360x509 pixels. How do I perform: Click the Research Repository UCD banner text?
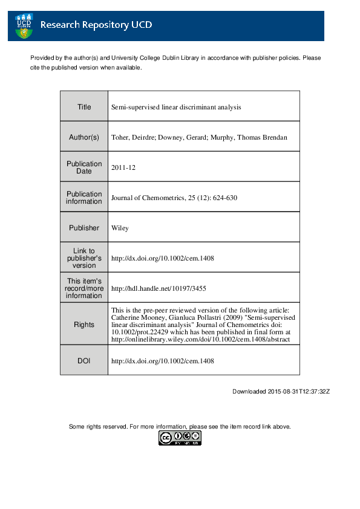[96, 25]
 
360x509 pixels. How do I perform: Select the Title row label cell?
[84, 107]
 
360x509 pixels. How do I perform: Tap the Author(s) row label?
[84, 137]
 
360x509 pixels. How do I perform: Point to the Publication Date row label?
[84, 167]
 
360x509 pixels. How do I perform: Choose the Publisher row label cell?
[84, 228]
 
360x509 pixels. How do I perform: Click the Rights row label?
[84, 325]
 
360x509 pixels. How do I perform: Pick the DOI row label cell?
[84, 361]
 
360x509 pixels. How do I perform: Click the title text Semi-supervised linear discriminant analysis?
[176, 107]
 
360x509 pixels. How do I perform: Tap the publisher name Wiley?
[120, 228]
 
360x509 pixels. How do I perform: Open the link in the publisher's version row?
[163, 258]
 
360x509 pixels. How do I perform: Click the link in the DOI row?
[163, 361]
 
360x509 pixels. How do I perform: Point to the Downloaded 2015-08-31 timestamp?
[281, 391]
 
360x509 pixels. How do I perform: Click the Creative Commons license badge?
[180, 438]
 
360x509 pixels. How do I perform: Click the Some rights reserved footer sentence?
[180, 427]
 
